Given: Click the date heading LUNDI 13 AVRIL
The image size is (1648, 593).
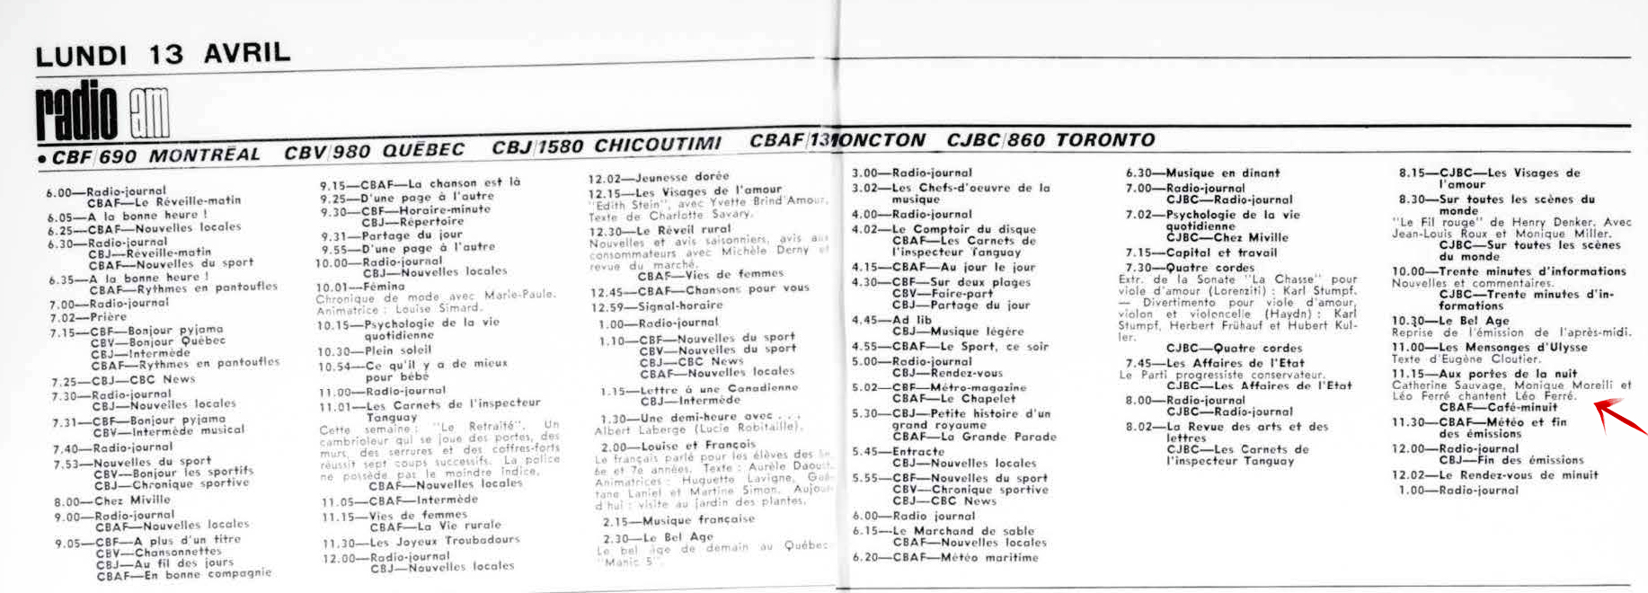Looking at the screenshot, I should pos(163,53).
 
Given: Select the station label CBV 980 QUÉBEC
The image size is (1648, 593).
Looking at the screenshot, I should pos(375,151).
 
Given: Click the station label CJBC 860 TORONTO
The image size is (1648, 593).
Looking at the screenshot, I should pos(1050,140).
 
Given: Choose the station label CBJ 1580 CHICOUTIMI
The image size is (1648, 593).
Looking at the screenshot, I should pos(607,146).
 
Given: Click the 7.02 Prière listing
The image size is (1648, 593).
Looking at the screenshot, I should pos(89,317).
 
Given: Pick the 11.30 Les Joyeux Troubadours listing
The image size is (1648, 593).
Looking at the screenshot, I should pos(421,541).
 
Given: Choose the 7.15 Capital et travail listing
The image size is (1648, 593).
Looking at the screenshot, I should pos(1178,252).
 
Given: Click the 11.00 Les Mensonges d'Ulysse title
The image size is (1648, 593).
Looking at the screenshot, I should pos(1489,347).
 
